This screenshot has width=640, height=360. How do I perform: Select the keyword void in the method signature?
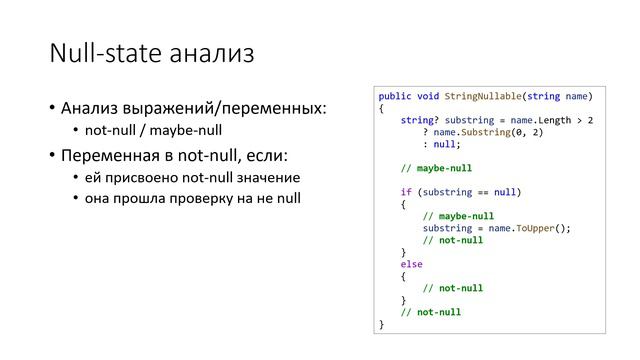[x=428, y=96]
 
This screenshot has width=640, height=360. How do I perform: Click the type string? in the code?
[x=419, y=120]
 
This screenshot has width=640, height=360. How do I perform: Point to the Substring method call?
[x=484, y=132]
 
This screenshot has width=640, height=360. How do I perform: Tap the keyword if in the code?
[x=406, y=192]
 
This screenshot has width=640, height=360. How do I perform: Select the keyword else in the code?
[x=411, y=264]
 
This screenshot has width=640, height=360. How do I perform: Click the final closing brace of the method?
[x=381, y=324]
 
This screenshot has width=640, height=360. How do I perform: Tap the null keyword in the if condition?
[x=505, y=192]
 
